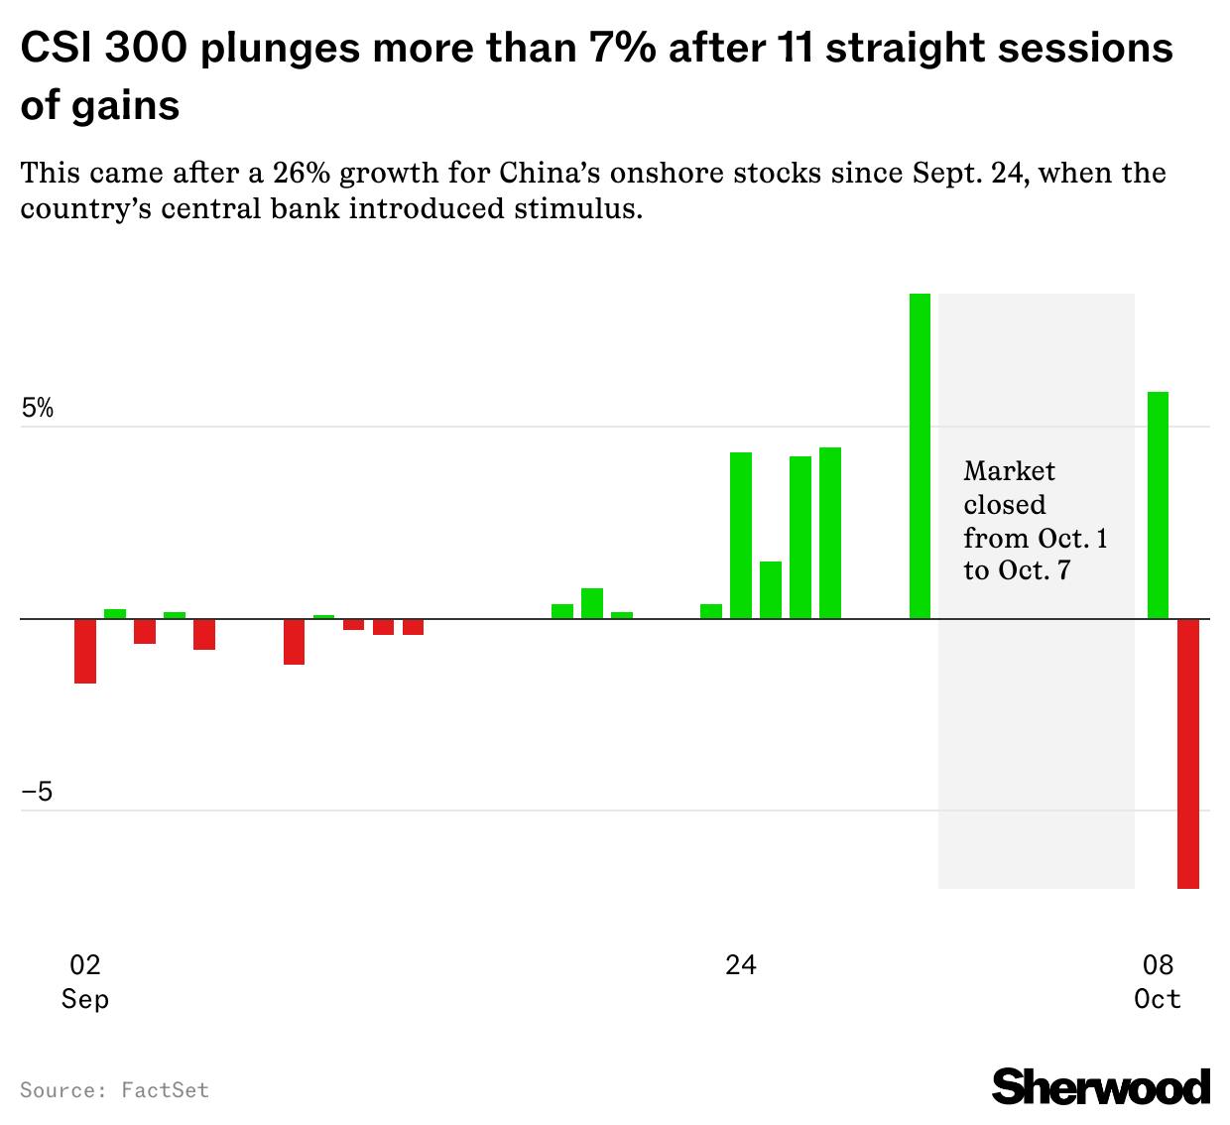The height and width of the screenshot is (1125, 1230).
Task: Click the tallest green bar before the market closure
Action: click(920, 456)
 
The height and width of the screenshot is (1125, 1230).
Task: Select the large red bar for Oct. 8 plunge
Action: click(1187, 753)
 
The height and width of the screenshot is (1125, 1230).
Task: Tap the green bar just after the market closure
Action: click(1158, 505)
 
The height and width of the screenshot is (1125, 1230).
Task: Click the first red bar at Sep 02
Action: click(85, 651)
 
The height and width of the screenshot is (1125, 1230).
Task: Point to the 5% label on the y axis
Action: click(38, 409)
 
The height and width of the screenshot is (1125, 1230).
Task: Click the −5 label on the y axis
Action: click(38, 793)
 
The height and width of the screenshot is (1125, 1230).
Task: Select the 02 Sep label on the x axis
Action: click(85, 980)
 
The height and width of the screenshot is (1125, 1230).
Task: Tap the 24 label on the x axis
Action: click(740, 964)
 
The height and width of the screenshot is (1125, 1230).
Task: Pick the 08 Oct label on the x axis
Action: click(1158, 980)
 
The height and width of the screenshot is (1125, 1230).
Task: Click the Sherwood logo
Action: click(1101, 1086)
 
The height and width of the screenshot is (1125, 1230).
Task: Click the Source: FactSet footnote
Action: click(115, 1090)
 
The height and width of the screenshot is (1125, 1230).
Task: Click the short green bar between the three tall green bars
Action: click(771, 590)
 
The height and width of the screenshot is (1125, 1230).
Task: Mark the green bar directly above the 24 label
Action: click(741, 536)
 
